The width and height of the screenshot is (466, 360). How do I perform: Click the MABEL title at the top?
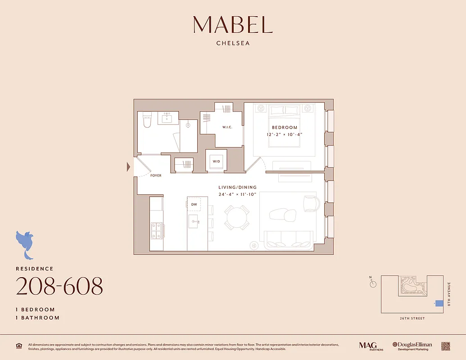(233, 25)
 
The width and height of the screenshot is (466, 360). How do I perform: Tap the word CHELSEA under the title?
(233, 44)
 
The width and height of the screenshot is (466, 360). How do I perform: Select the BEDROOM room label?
(285, 127)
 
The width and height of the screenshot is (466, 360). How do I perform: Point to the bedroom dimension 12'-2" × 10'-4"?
(285, 135)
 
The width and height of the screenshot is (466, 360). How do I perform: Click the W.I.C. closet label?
(227, 127)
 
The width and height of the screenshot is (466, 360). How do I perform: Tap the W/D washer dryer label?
(216, 162)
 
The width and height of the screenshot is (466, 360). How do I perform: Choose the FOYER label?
(156, 175)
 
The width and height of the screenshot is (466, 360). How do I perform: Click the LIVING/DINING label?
(237, 187)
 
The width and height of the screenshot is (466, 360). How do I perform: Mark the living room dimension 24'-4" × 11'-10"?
(237, 194)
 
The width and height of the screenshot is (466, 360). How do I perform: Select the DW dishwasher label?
(194, 204)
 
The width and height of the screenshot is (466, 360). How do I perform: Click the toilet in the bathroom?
(147, 121)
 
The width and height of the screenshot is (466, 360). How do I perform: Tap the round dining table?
(237, 218)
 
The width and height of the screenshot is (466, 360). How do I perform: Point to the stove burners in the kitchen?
(156, 230)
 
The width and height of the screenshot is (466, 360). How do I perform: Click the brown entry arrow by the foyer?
(128, 167)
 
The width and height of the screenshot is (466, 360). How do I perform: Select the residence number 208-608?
(59, 286)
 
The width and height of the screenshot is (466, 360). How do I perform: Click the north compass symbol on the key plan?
(373, 283)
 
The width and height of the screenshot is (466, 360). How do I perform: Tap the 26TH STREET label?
(412, 319)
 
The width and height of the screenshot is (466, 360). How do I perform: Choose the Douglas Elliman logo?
(412, 346)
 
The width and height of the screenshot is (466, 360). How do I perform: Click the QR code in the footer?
(445, 346)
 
